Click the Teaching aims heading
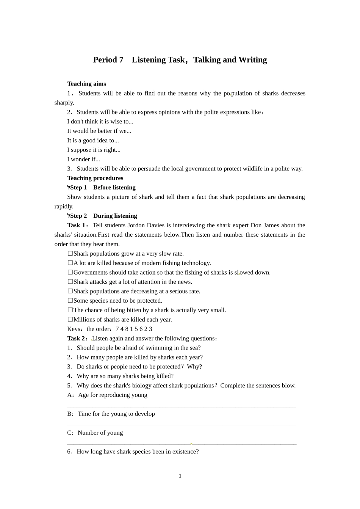point(86,84)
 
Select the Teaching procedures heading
point(95,178)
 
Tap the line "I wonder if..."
point(83,159)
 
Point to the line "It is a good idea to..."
point(93,140)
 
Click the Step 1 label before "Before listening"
point(78,187)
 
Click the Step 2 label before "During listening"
point(78,216)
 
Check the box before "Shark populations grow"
point(70,253)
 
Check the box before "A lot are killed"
point(70,263)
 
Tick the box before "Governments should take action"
point(70,272)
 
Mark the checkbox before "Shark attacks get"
point(70,282)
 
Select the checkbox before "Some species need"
point(70,301)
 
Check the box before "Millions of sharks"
point(70,320)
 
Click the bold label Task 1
point(76,225)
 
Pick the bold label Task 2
point(76,339)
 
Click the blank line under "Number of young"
point(182,444)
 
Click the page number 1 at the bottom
point(180,476)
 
